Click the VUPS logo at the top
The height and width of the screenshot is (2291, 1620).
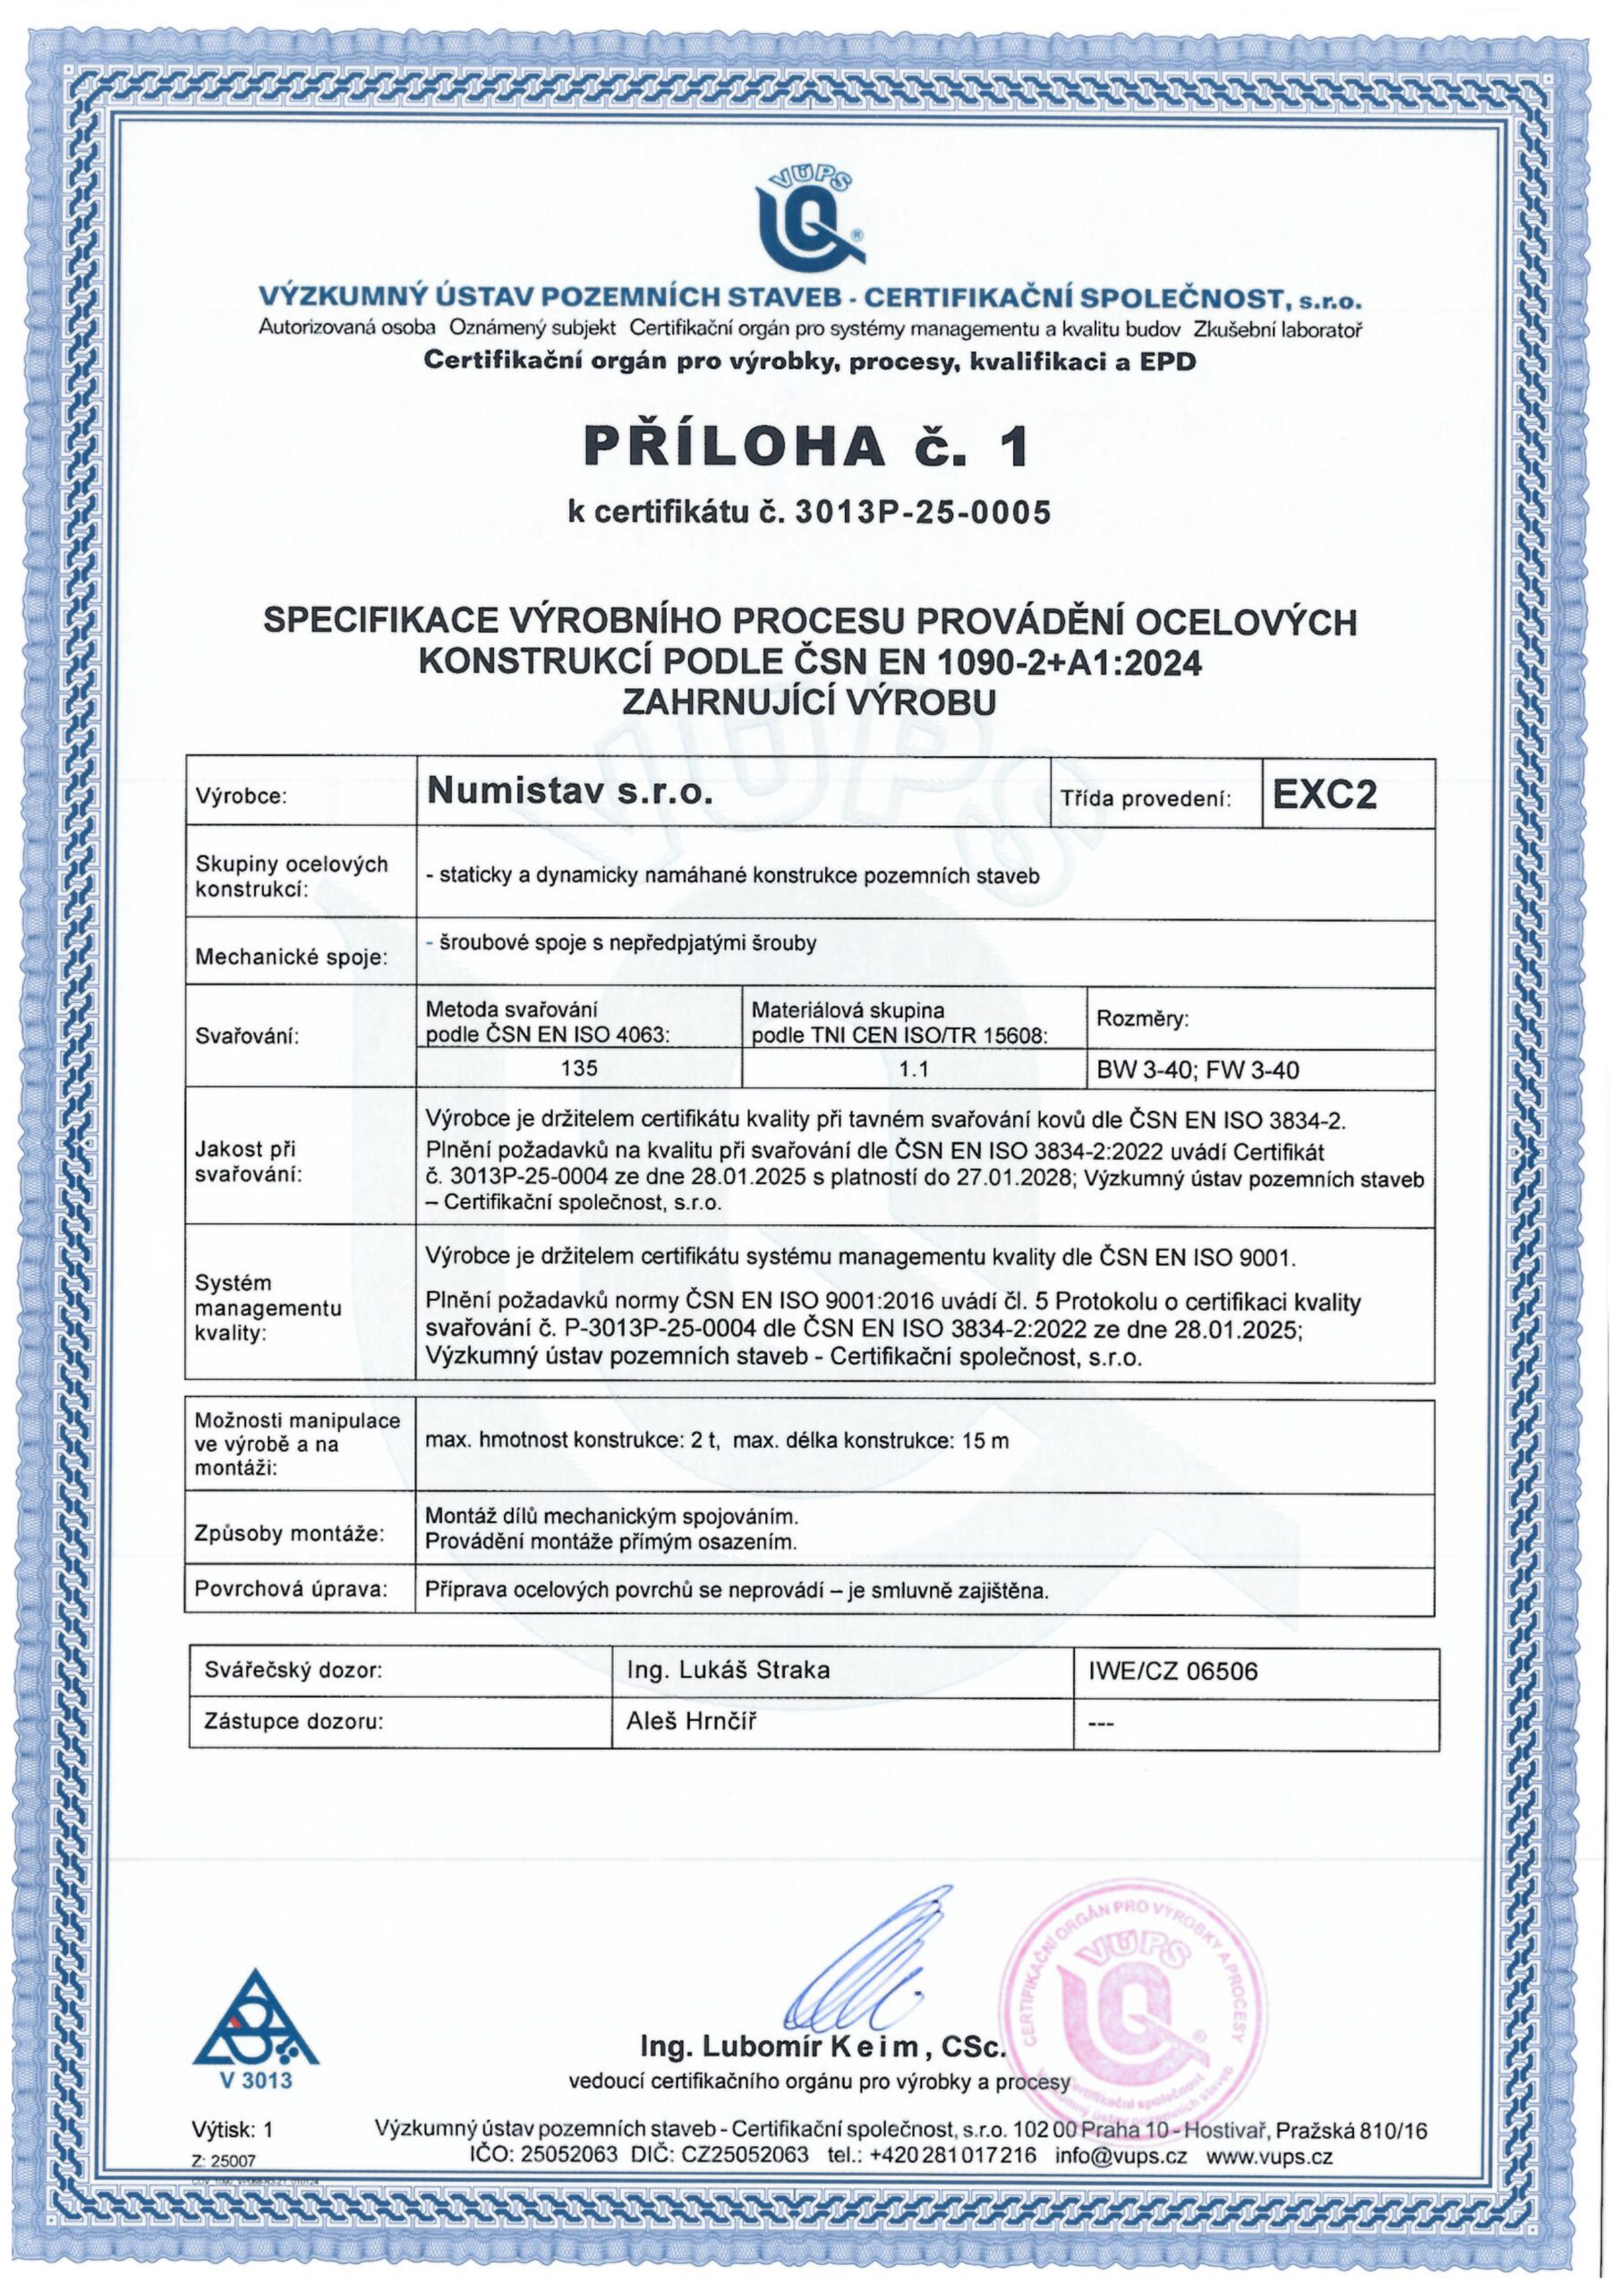(808, 214)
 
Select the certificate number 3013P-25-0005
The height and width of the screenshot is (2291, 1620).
(921, 512)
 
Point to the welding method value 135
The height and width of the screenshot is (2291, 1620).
(579, 1068)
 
